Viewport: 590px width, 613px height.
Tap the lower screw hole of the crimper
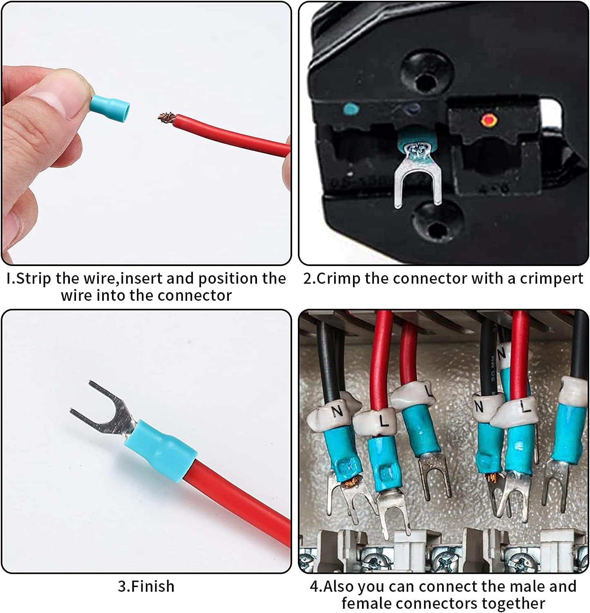435,223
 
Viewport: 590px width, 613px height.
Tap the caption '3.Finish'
146,586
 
